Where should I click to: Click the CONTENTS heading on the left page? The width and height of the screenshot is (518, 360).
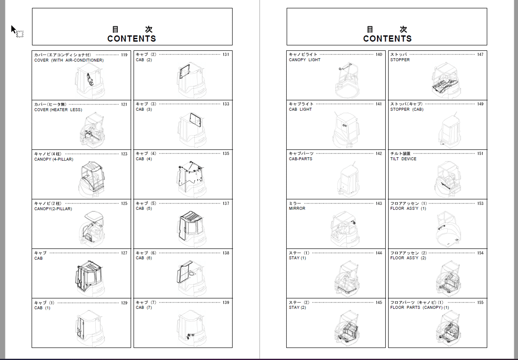131,39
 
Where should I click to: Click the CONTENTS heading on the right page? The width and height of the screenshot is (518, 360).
387,39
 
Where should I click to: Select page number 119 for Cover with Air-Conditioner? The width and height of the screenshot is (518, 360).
124,55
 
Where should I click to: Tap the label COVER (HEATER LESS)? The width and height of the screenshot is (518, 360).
58,110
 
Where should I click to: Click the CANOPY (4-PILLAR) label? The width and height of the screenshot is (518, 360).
54,159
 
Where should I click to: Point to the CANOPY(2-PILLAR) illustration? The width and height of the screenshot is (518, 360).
92,228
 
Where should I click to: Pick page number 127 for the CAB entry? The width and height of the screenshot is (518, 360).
124,253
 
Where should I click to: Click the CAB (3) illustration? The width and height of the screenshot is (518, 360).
192,130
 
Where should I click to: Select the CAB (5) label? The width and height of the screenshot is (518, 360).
144,209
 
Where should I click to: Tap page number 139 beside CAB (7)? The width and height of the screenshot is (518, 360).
226,303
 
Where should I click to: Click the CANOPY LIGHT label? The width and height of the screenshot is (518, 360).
305,60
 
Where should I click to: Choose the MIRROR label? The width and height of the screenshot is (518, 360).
297,209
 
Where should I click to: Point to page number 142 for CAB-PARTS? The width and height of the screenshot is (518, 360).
379,154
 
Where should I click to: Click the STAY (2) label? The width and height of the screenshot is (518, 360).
297,308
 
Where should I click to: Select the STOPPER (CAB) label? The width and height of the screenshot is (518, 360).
407,109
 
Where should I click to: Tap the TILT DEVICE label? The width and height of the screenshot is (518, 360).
403,159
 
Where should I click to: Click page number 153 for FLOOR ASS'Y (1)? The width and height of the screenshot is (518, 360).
480,204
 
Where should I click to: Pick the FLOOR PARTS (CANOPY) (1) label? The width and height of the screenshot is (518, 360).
419,308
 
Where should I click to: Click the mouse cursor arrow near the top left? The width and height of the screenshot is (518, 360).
13,30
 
